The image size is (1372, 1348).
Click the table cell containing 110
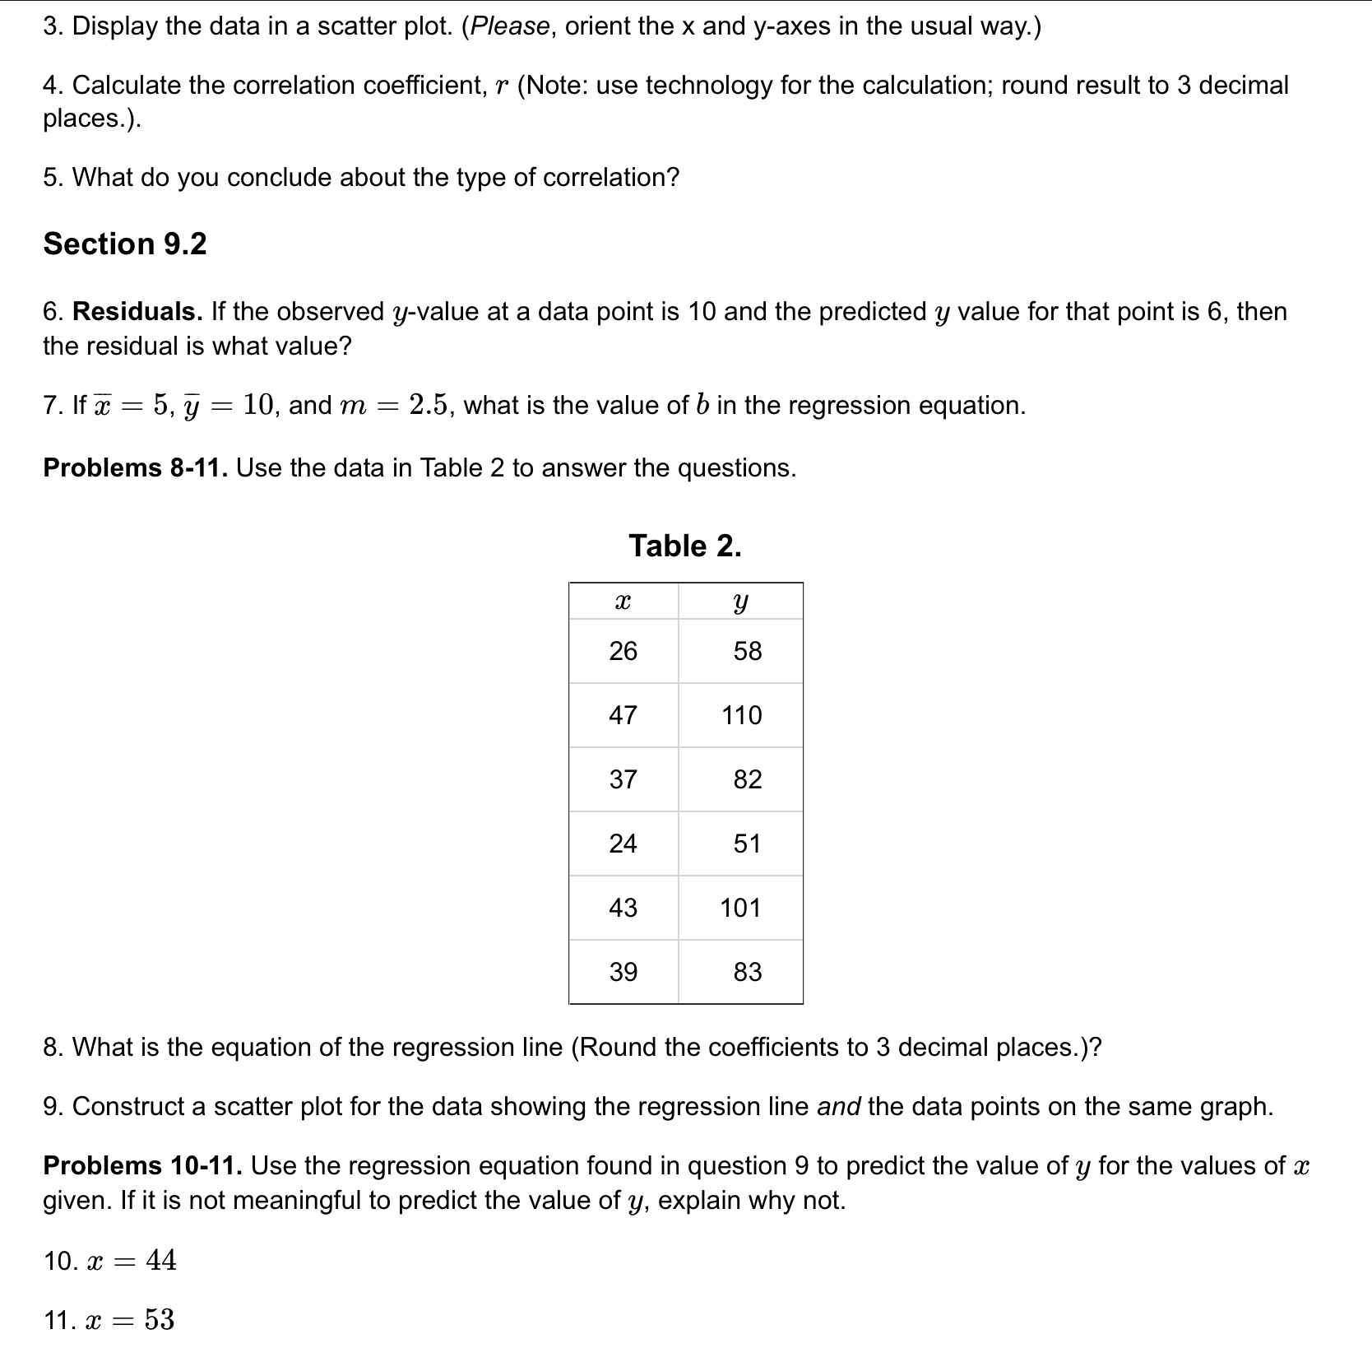741,715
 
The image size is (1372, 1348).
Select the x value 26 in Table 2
623,651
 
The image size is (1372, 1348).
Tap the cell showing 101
740,908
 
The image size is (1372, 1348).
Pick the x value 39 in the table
623,972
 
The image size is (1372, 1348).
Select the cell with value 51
747,844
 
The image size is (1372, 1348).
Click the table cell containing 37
623,779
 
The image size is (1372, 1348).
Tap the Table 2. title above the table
684,546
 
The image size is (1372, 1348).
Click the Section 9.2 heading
125,244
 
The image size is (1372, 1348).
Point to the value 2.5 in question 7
429,405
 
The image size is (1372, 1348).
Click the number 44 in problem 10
161,1260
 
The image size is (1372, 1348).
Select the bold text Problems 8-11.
136,467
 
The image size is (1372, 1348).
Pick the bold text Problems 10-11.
142,1165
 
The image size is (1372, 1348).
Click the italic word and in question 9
838,1106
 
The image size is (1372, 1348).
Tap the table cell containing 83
747,972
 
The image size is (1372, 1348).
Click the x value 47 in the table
623,715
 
